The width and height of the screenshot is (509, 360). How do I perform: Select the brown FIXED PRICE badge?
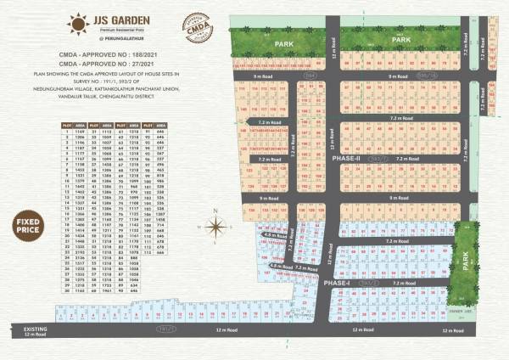tap(28, 227)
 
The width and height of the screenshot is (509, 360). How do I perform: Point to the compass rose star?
tap(216, 227)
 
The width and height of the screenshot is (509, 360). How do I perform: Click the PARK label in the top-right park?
tap(400, 39)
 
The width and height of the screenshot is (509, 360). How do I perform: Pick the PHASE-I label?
tap(337, 283)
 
